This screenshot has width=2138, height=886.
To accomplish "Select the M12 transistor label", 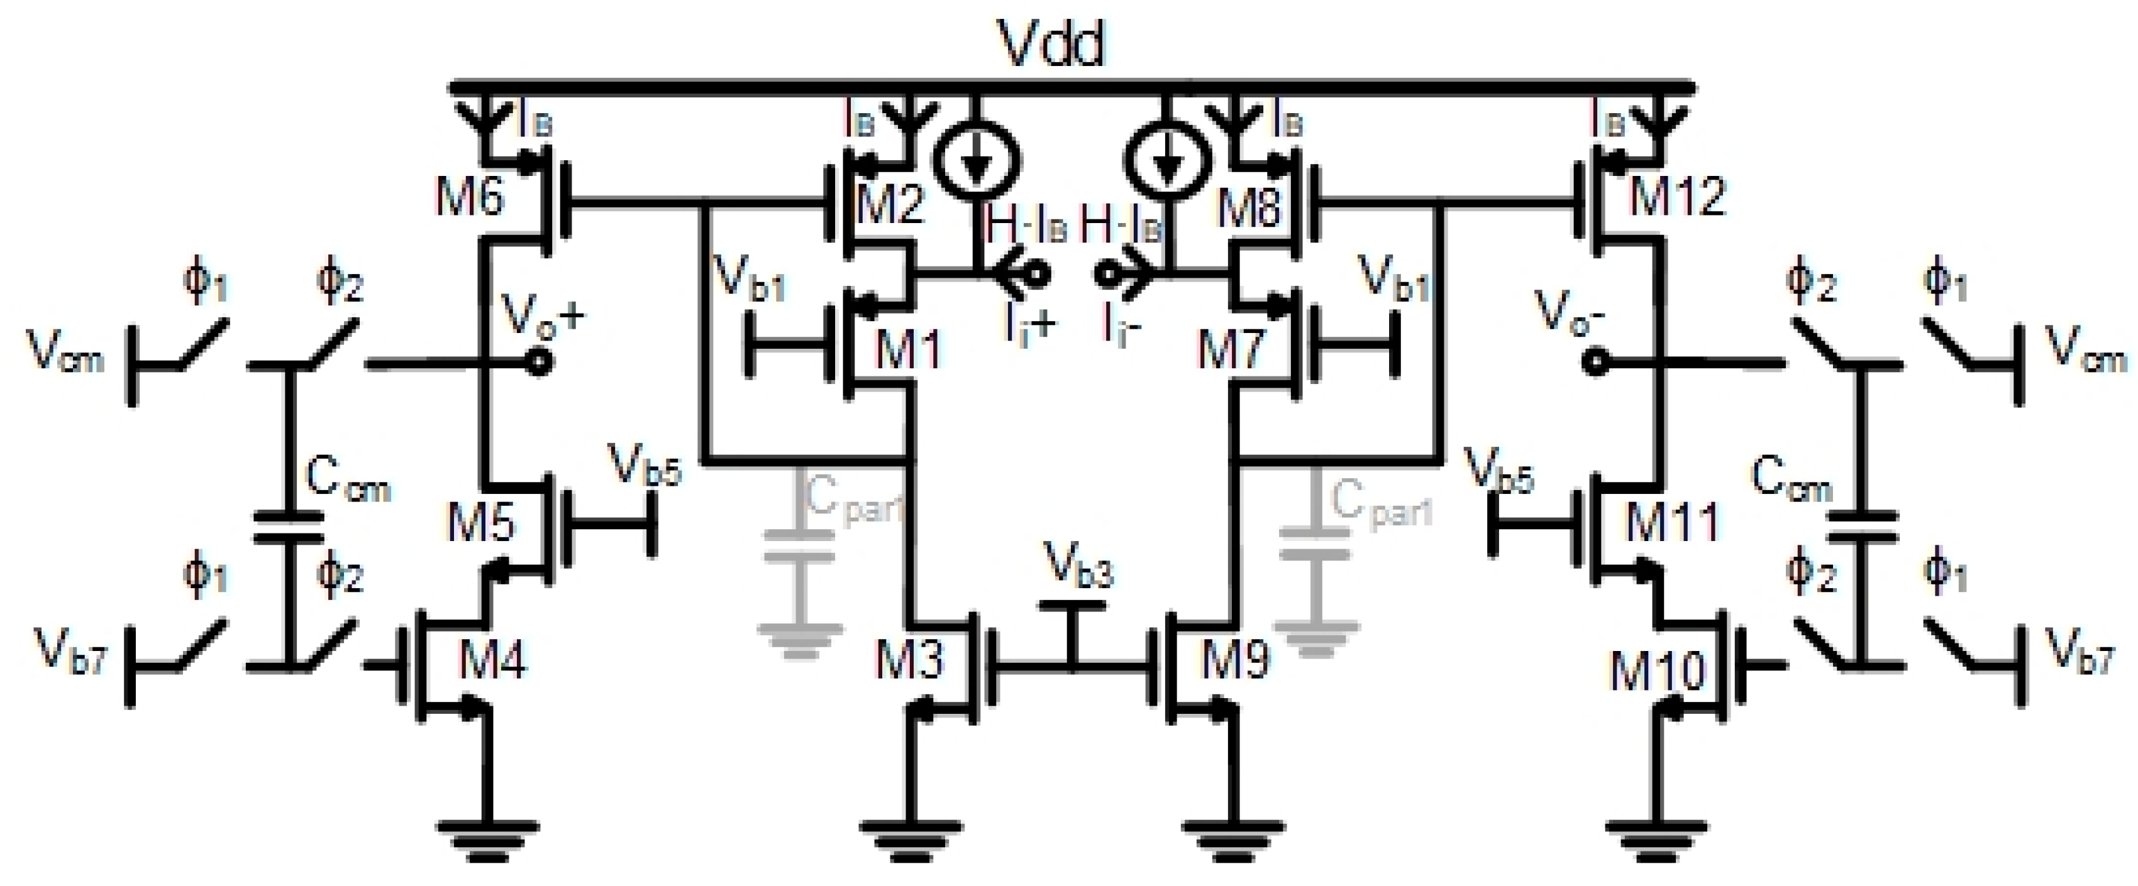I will click(x=1676, y=197).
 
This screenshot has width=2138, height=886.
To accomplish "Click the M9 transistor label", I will click(x=1235, y=660).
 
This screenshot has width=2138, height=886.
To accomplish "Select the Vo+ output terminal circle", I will click(x=540, y=363).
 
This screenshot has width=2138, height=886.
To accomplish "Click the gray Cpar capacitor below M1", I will click(x=799, y=546).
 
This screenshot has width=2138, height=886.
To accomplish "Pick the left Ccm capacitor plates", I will click(x=287, y=528).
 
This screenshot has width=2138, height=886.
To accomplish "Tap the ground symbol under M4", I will click(x=489, y=838).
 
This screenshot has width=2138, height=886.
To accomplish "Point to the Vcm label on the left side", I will click(x=67, y=351).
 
